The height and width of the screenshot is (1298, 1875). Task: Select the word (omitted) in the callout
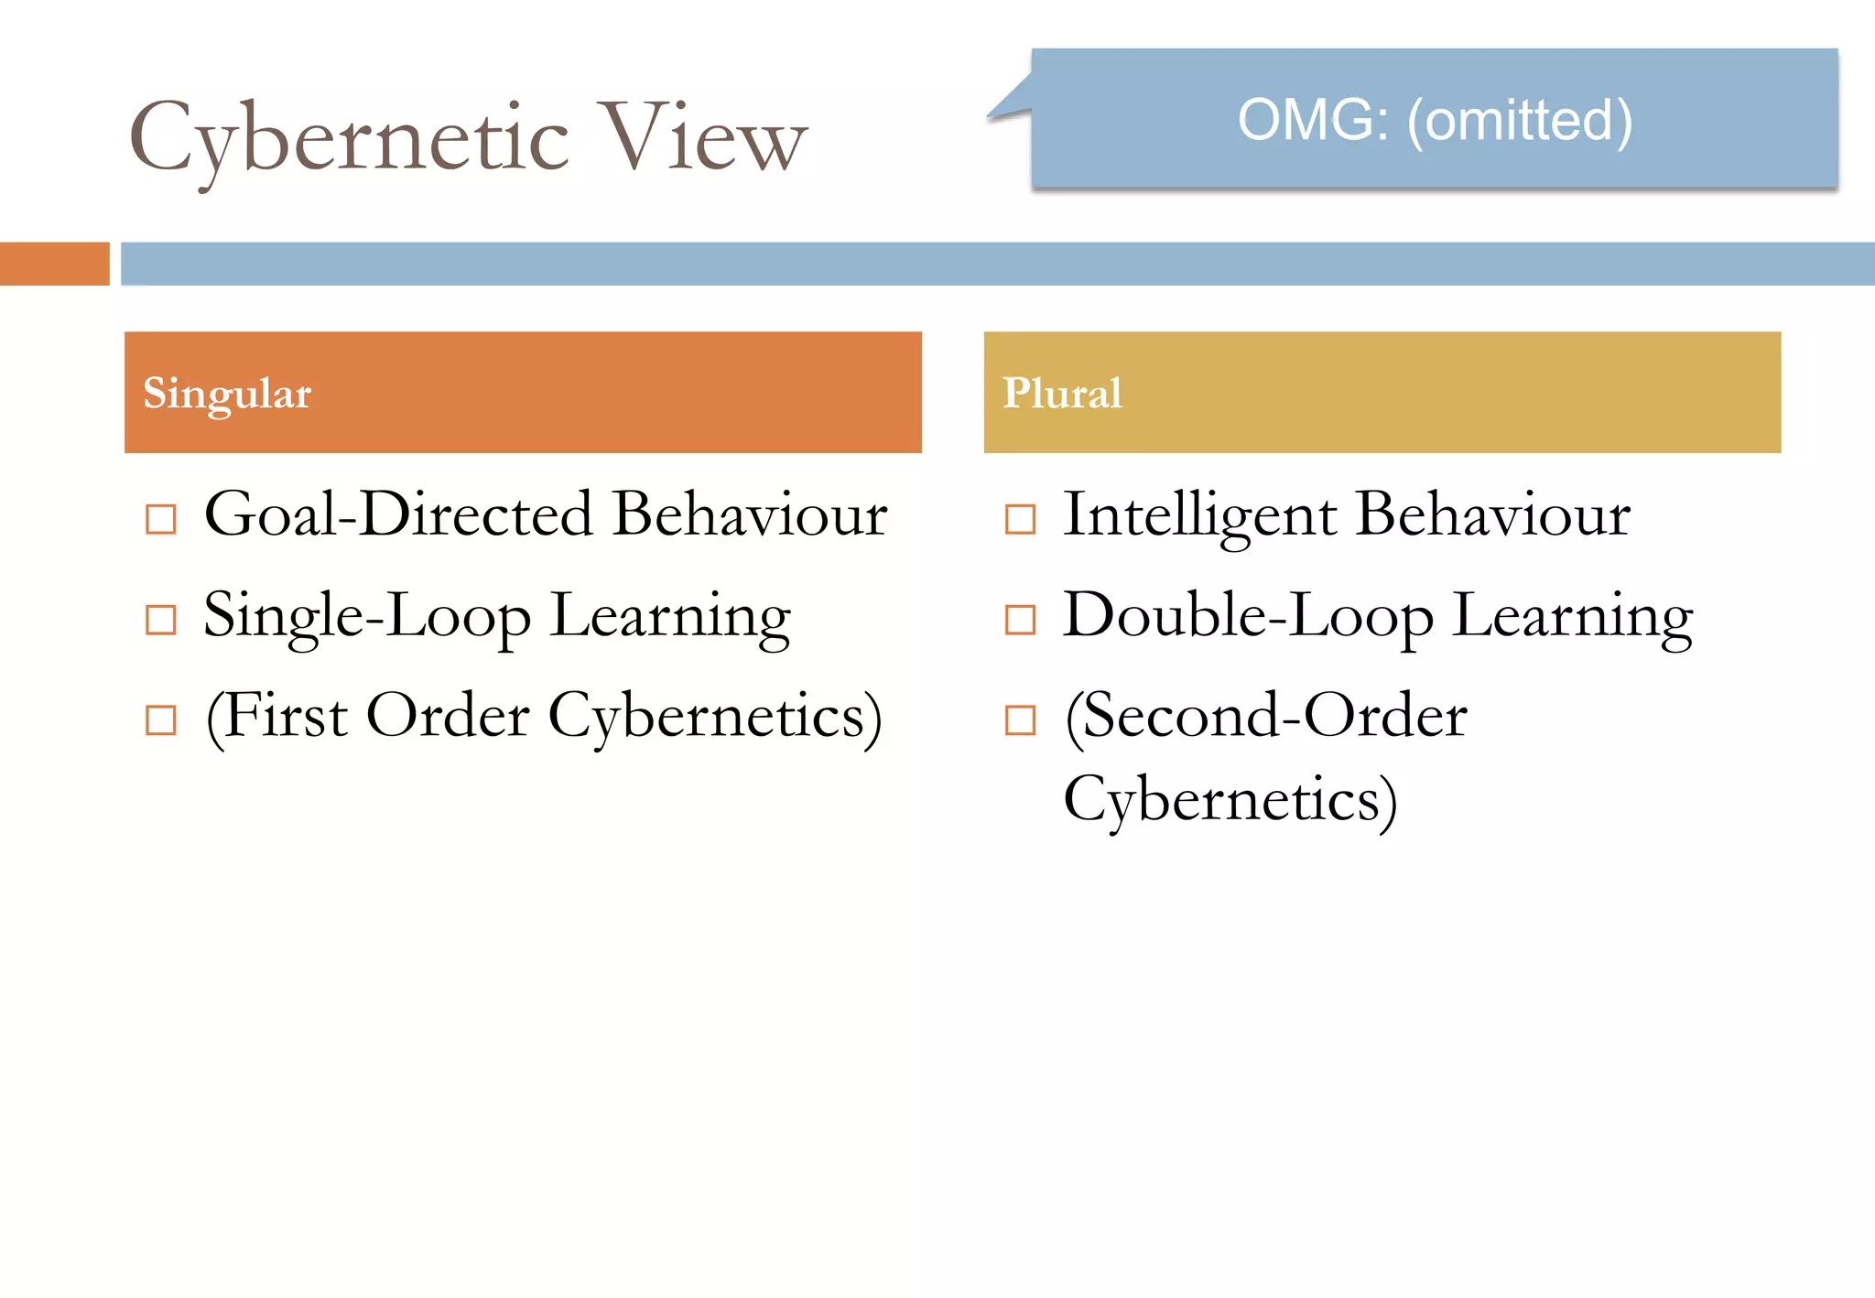1520,121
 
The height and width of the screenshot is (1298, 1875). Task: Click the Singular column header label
227,394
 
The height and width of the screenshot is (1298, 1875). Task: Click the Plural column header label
1062,394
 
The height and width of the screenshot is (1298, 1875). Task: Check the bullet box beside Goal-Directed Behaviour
161,519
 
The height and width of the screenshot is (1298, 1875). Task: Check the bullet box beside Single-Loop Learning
161,620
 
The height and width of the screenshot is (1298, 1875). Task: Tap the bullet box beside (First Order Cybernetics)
161,720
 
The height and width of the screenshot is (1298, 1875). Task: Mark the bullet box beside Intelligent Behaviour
1020,519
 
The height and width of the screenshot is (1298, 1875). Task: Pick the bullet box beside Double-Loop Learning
1020,620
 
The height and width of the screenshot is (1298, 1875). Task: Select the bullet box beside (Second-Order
1020,720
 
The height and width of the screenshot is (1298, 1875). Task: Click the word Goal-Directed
398,514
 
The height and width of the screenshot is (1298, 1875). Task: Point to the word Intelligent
1199,516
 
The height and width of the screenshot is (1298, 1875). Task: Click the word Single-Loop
366,617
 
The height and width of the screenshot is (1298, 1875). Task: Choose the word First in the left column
283,716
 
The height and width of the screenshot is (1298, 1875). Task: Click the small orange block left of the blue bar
54,264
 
